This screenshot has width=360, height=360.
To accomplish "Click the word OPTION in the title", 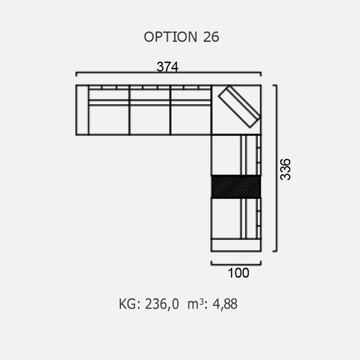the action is (170, 37).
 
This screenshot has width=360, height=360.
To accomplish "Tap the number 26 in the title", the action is (211, 37).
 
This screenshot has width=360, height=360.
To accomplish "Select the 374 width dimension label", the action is (167, 67).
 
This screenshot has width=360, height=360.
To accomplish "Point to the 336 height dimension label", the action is (285, 169).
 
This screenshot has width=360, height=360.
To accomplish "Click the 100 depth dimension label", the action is (238, 273).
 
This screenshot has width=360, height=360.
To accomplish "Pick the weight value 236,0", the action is (162, 304).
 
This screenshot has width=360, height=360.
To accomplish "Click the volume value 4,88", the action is (225, 304).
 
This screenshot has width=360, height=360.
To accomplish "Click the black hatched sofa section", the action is (236, 186).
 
